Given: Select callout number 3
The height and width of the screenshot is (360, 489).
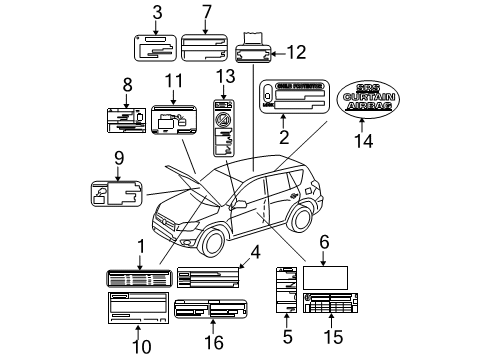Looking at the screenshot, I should click(x=157, y=12).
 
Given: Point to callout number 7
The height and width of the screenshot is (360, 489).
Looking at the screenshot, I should click(x=206, y=12).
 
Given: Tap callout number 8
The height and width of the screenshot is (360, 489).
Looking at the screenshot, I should click(x=127, y=85).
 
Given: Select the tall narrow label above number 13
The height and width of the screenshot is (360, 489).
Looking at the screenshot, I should click(x=225, y=126).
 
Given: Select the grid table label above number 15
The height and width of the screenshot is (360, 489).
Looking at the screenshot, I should click(x=324, y=305).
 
